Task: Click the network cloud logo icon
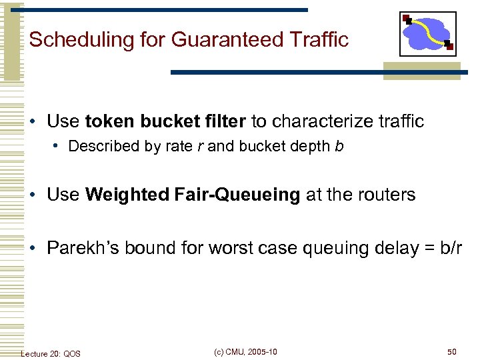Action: coord(428,34)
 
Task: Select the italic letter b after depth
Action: coord(339,146)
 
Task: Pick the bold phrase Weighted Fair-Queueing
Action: coord(193,195)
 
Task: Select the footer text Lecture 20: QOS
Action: coord(51,353)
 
